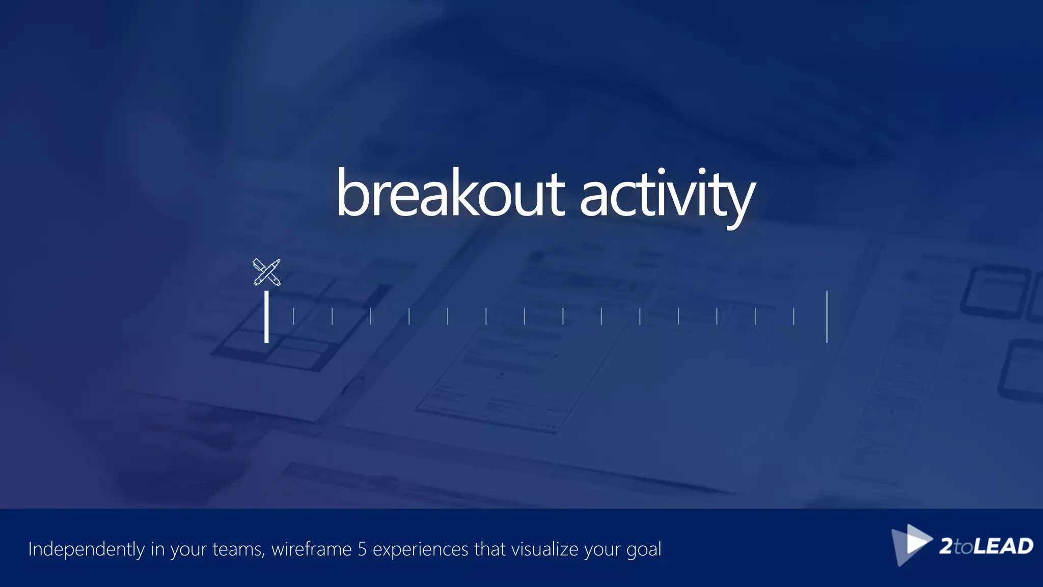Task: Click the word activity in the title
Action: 667,196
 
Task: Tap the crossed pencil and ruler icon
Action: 266,272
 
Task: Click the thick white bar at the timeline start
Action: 266,316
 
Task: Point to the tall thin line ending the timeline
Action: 827,316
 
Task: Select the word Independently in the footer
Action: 87,549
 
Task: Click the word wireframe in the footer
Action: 311,549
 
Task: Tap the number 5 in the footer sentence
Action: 362,549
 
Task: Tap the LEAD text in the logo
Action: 1003,546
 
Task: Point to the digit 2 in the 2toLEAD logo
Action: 946,546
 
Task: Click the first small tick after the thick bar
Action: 293,316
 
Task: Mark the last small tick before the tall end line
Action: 793,316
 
